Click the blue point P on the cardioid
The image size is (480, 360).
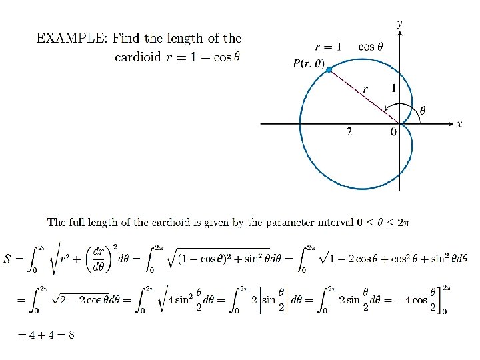(329, 69)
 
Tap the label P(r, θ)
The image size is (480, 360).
(309, 64)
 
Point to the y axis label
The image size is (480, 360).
(399, 23)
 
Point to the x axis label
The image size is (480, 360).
(459, 124)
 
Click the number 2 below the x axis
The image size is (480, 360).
(349, 132)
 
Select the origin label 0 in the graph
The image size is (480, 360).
(393, 132)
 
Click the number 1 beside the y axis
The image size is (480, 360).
(393, 88)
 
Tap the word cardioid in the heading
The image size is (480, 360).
(137, 57)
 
